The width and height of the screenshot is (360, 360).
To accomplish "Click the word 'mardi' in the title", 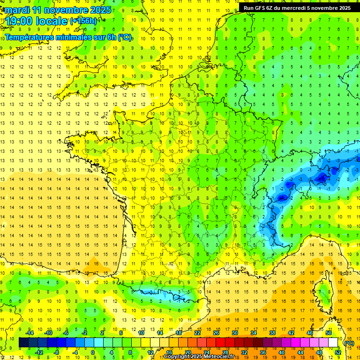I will (x=17, y=10).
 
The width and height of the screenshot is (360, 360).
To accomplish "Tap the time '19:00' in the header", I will (x=19, y=21).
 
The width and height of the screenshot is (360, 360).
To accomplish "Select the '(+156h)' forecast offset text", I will (x=83, y=21).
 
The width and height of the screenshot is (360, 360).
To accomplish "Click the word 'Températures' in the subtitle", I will (x=29, y=37).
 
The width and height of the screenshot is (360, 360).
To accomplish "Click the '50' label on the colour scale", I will (x=328, y=333).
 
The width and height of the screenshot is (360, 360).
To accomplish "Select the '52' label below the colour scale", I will (x=337, y=352).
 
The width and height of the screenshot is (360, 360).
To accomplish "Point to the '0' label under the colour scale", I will (x=93, y=352).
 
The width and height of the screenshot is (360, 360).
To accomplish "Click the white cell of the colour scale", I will (x=333, y=343).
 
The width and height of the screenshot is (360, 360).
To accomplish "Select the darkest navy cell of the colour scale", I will (x=23, y=343).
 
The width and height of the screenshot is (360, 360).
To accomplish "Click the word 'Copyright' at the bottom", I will (x=178, y=357).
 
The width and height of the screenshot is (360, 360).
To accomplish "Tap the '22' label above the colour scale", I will (x=198, y=333).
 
